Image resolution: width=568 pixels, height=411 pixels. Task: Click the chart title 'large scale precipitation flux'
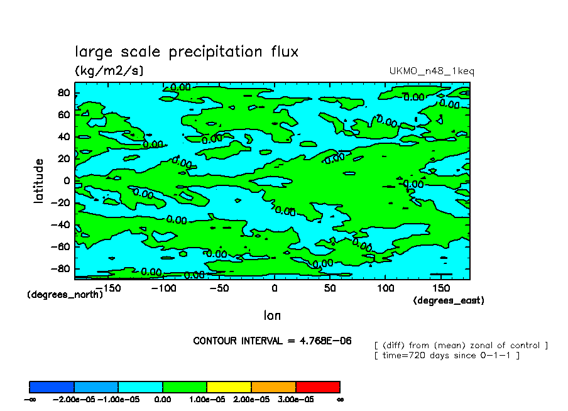pos(187,52)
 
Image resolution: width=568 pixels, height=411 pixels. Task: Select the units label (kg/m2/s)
pos(109,70)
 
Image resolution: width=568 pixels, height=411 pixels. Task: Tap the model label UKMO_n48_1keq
pos(432,71)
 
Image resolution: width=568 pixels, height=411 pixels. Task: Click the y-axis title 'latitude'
pos(39,180)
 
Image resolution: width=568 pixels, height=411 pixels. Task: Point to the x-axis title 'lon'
pos(272,315)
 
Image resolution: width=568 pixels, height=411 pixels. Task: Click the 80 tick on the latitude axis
pos(63,93)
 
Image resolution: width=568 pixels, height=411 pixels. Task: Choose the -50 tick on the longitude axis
pos(215,288)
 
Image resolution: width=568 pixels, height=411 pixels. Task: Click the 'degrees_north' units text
pos(65,294)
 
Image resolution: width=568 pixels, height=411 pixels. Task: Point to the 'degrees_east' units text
pos(448,300)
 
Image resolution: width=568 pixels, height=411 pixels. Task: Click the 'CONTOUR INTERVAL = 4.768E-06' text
pos(272,341)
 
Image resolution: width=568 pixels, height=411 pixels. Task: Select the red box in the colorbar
pos(317,386)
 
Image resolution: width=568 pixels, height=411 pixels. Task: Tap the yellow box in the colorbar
pos(229,386)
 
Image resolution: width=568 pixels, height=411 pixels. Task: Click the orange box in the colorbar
pos(273,386)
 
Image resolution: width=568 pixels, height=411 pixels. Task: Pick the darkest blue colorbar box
pos(52,386)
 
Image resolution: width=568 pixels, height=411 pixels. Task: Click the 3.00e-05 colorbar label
pos(295,400)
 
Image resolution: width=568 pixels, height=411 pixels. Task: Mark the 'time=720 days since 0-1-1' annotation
pos(446,356)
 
